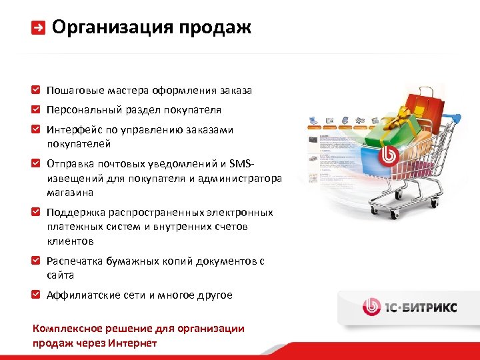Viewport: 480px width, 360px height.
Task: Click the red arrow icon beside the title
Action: (39, 28)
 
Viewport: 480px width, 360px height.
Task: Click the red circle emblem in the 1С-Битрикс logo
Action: (371, 307)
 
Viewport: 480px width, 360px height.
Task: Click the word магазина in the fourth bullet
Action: (70, 192)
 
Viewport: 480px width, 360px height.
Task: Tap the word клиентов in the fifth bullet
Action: (70, 241)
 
